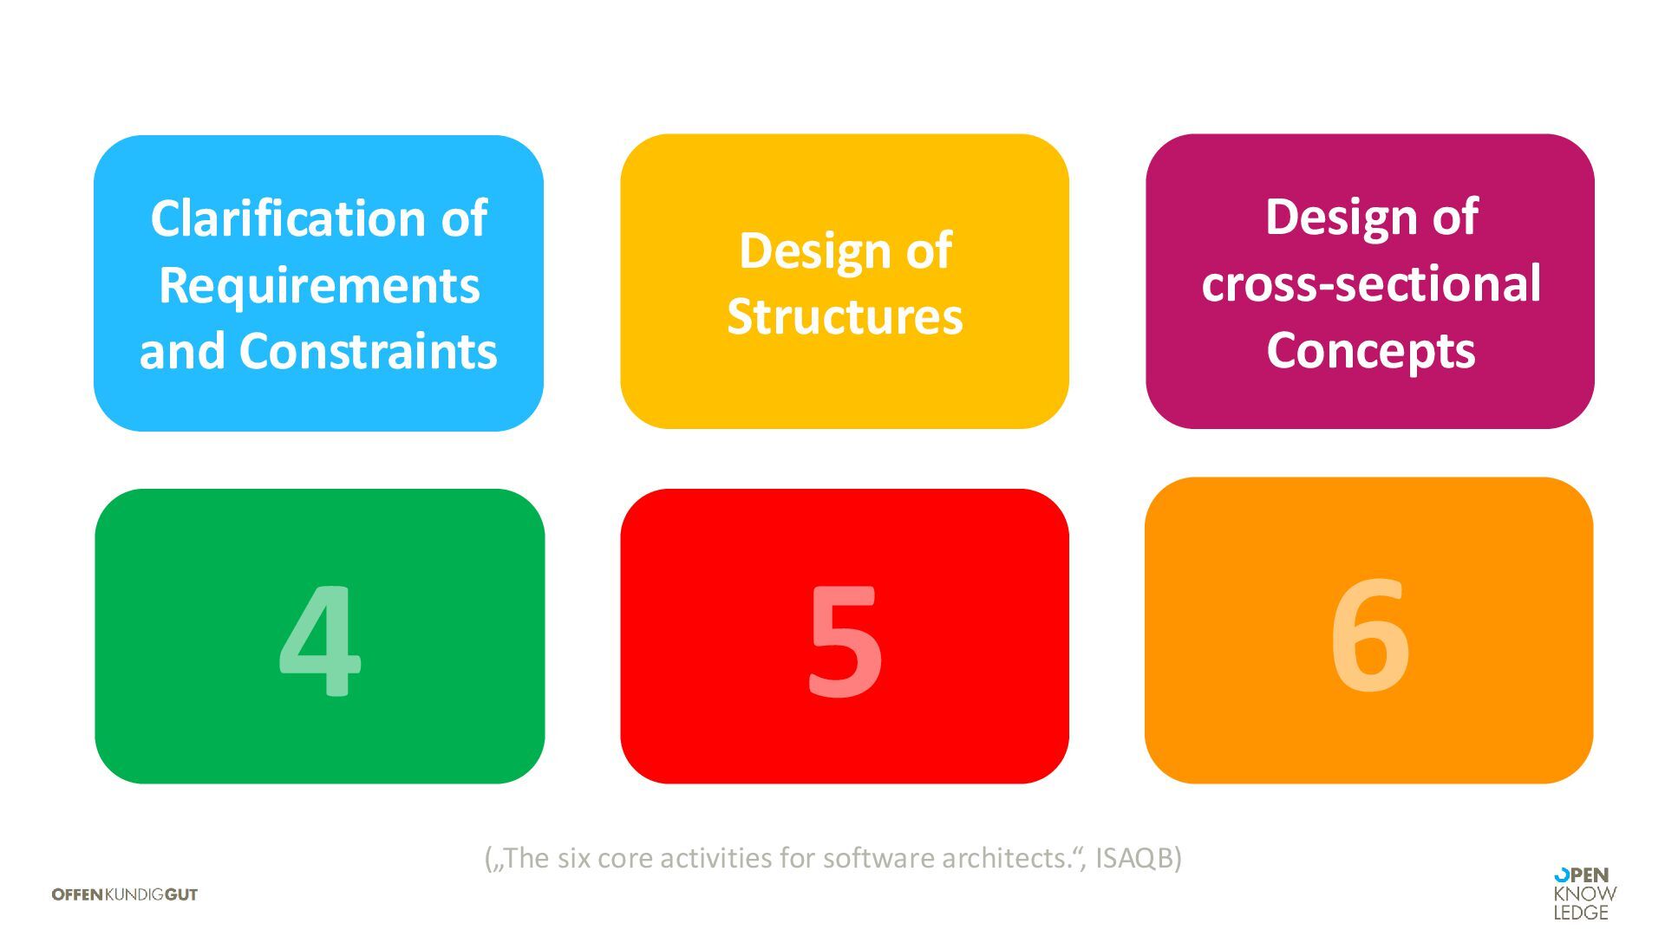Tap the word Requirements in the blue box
318,285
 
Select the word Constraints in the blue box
368,351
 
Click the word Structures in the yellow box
845,316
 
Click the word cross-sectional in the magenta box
1370,283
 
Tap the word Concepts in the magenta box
1370,350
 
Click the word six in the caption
574,858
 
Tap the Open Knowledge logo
1584,894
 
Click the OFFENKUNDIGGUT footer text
125,894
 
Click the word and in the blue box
183,351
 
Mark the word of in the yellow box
929,250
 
